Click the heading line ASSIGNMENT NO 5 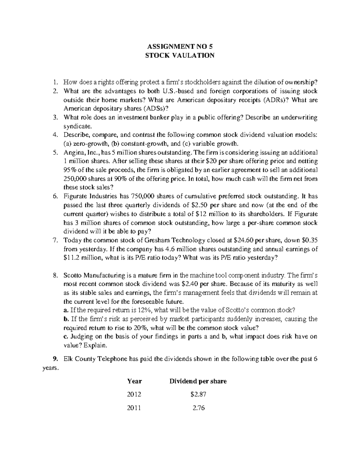(x=180, y=47)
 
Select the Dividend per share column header (x=198, y=381)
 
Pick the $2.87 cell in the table (x=198, y=395)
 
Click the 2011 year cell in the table (x=134, y=408)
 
